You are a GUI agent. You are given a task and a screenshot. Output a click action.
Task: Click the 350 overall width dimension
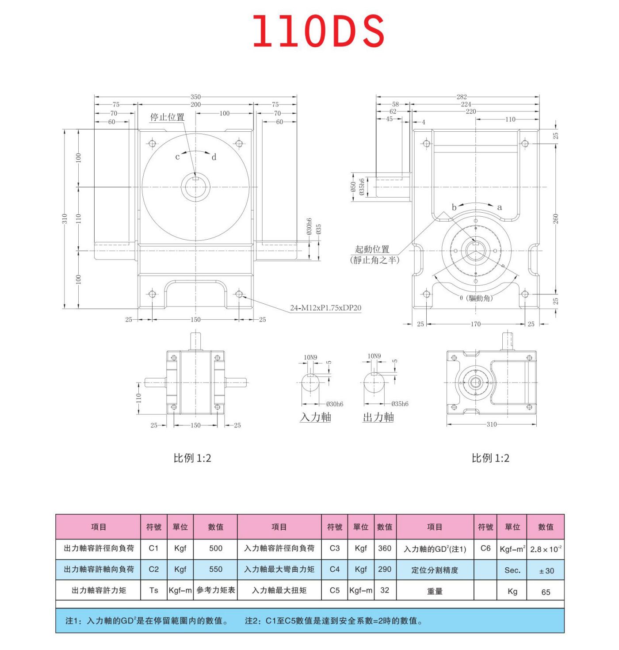195,96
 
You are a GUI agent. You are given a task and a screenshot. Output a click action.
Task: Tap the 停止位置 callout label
167,117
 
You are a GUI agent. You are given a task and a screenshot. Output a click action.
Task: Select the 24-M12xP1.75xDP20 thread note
325,308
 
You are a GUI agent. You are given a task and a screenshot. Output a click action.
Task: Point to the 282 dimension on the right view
462,96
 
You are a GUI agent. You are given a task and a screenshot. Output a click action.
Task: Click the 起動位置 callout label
372,249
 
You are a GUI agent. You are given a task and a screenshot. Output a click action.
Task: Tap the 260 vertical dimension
555,218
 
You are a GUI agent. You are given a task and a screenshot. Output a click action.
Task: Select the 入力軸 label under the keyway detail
316,417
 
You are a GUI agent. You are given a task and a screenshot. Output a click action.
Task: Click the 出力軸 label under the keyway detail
378,417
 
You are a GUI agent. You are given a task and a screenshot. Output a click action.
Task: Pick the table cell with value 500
215,548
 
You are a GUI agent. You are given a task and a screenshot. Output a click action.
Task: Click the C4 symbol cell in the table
335,569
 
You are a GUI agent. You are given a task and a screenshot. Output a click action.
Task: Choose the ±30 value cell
546,571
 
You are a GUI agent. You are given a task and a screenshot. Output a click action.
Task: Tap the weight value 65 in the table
546,592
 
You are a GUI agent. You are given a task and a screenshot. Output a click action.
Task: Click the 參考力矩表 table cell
215,590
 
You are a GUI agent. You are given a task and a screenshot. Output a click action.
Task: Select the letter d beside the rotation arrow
214,157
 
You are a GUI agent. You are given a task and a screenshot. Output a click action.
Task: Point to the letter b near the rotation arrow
454,207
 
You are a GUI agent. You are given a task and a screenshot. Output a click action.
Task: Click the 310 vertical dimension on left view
65,218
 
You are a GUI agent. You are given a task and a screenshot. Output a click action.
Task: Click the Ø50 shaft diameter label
353,187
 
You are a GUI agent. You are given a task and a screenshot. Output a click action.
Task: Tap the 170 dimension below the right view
475,324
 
